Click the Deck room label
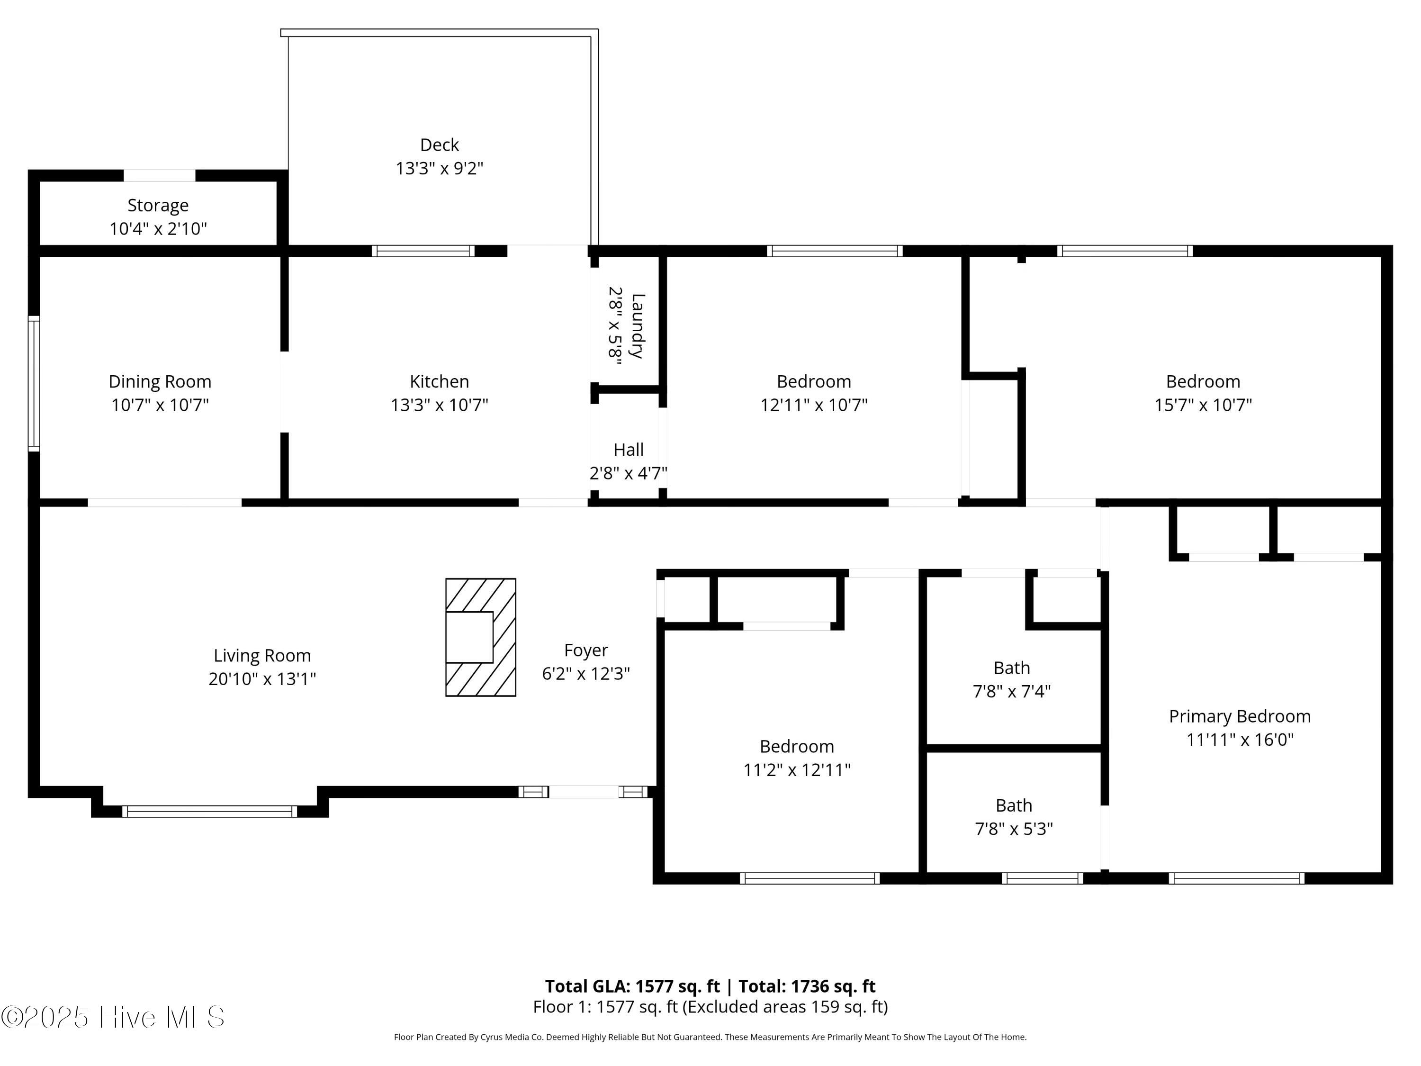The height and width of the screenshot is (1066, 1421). (440, 145)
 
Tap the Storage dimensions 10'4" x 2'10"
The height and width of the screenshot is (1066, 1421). (158, 229)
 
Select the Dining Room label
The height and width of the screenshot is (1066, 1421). (160, 382)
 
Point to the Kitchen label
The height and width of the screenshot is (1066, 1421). (440, 382)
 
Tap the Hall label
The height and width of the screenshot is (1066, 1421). (628, 450)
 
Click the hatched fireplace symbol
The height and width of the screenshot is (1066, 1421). (480, 637)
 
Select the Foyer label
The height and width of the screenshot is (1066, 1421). (586, 650)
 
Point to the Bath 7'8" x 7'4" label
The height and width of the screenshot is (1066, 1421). (1012, 680)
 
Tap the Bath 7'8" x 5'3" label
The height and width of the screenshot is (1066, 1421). (1014, 817)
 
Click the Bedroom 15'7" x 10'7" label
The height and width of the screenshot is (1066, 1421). (1203, 393)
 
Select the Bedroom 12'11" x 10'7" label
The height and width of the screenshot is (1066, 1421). (814, 393)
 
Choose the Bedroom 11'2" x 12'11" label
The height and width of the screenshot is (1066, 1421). (797, 758)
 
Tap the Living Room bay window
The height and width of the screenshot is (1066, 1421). (209, 812)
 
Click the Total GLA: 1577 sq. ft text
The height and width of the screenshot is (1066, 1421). (633, 986)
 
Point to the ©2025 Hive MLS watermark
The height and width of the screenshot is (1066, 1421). (113, 1017)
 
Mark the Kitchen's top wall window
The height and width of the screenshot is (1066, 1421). (423, 251)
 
